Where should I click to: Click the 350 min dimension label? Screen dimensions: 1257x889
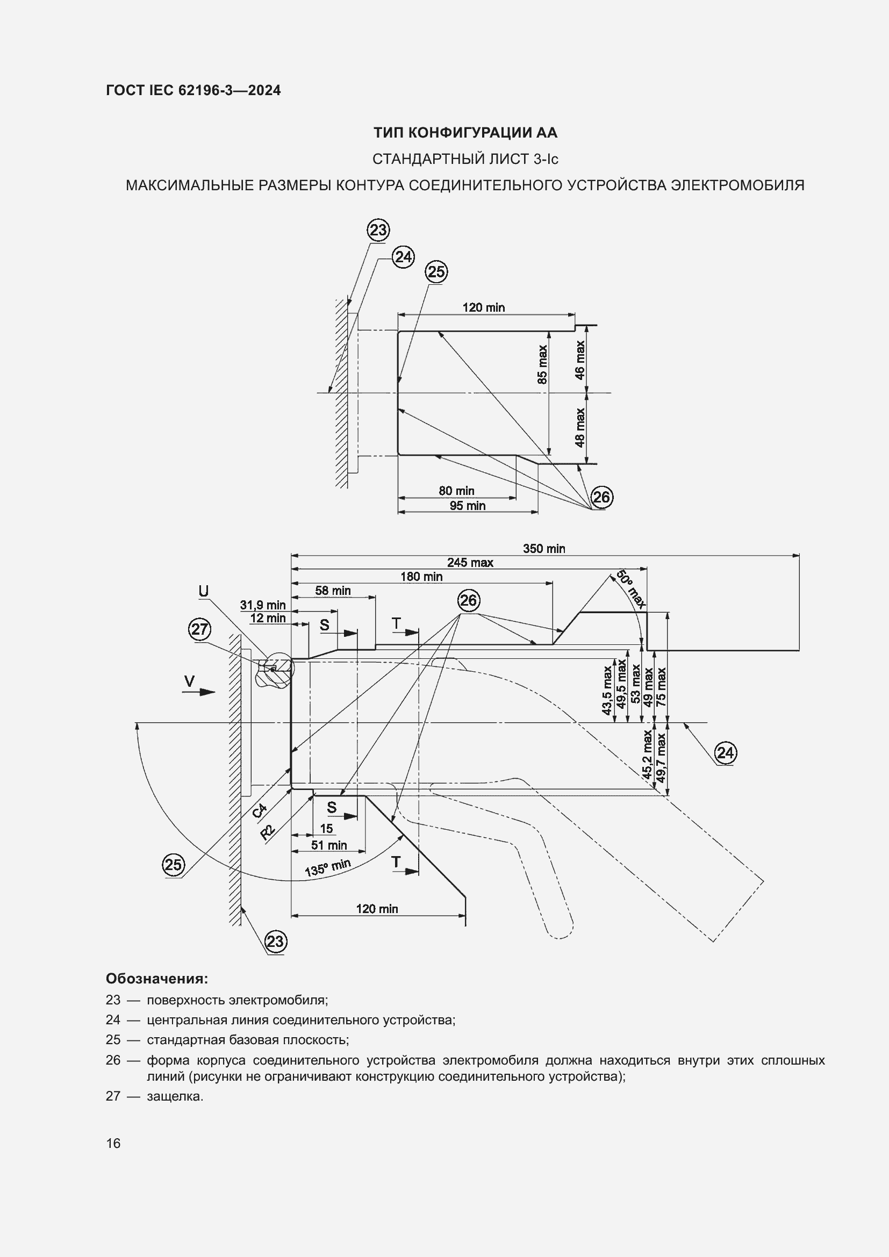543,549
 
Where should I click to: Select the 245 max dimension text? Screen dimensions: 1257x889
470,562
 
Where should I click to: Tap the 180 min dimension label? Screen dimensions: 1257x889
421,577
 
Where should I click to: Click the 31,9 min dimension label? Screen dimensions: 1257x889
263,605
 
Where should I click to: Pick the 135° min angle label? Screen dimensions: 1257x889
327,867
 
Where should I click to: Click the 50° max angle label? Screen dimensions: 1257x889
631,589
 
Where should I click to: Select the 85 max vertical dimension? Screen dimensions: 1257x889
542,364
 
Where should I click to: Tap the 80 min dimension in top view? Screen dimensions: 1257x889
456,491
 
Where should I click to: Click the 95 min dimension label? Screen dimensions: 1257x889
468,506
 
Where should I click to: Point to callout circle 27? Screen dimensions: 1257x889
199,629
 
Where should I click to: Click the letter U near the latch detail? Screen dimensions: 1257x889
203,591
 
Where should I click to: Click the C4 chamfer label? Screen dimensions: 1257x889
260,810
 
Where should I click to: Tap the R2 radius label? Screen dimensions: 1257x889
268,831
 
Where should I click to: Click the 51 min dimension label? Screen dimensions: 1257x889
328,845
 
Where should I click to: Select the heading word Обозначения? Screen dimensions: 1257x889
156,978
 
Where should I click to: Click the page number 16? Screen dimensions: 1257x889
113,1143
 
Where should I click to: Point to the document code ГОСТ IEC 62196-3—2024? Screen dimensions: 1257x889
193,90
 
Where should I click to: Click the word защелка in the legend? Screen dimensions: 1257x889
175,1097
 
